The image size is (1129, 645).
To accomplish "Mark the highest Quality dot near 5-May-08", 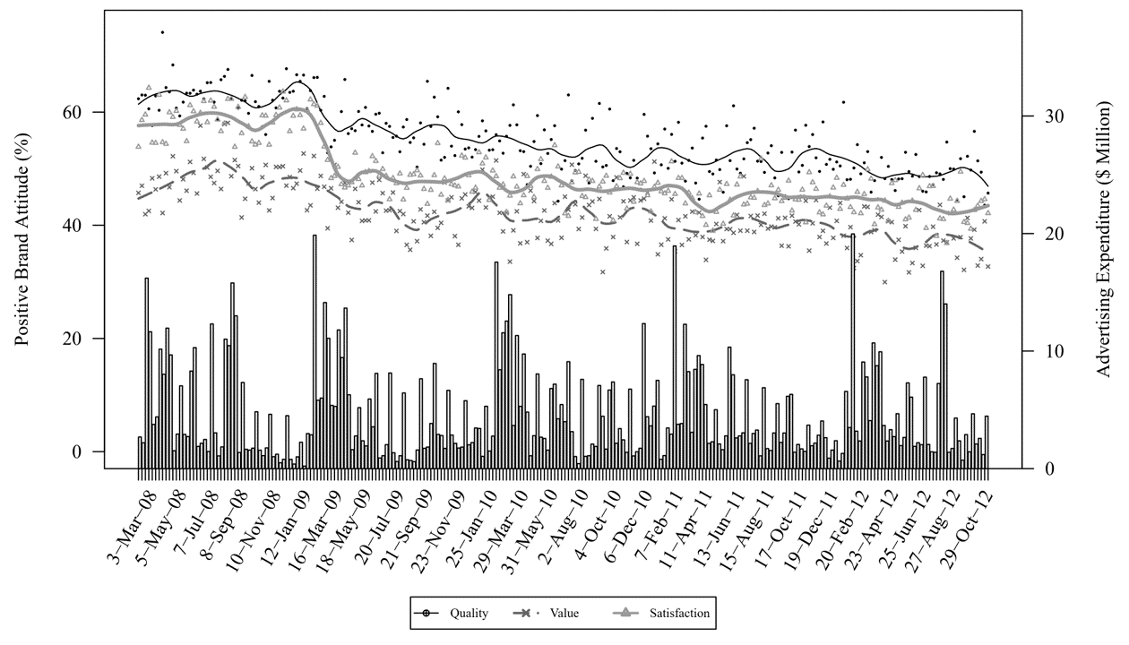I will point(162,32).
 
